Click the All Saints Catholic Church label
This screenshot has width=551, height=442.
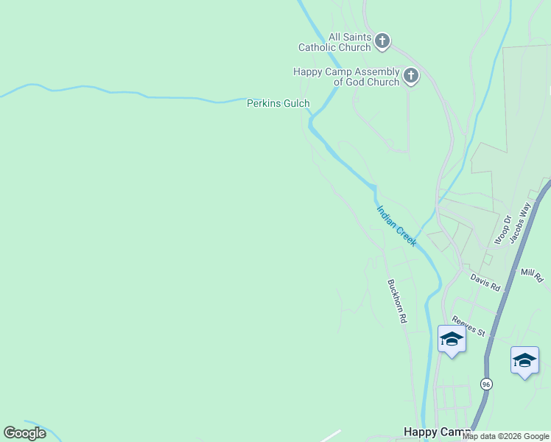click(334, 42)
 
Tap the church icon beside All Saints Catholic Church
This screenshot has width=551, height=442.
click(382, 41)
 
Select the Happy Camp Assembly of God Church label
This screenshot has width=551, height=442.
click(346, 77)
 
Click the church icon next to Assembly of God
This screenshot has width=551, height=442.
click(410, 75)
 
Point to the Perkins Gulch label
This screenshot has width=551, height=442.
click(278, 104)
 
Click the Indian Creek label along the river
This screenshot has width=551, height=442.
click(397, 225)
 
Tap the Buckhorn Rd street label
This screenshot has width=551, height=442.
click(396, 301)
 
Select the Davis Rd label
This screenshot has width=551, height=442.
click(485, 281)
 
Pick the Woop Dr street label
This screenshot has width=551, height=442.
click(502, 229)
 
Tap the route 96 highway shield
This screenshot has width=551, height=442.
click(486, 384)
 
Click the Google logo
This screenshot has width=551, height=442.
click(24, 433)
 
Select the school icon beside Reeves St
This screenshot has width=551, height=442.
click(451, 340)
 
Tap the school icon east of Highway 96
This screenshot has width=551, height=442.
click(524, 361)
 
